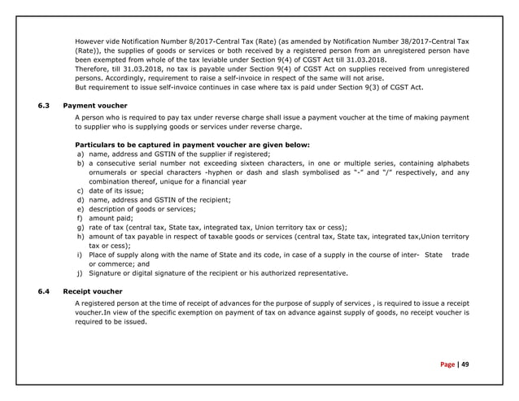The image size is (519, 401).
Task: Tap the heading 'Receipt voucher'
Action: [92, 290]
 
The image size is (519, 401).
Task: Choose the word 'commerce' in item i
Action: [117, 264]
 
